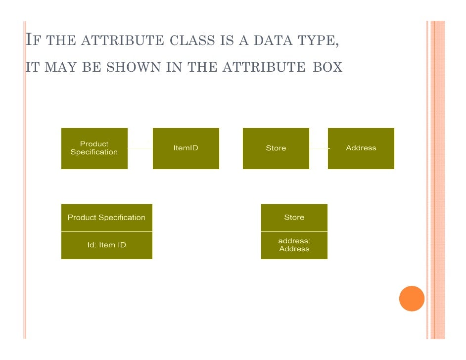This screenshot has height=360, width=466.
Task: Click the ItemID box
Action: [186, 148]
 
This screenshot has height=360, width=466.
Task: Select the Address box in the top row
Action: [361, 148]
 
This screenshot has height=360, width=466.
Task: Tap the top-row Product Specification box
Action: [94, 148]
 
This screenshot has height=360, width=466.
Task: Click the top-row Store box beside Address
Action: [276, 148]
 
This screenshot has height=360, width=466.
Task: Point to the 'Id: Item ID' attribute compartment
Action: [106, 245]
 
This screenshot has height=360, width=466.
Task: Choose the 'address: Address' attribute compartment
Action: [294, 245]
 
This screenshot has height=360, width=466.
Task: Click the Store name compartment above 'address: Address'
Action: [294, 218]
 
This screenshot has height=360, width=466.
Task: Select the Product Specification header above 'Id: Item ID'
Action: [106, 218]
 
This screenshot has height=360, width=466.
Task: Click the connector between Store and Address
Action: [319, 148]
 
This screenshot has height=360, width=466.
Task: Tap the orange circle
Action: [412, 298]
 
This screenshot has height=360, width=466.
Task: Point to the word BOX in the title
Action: [327, 67]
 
